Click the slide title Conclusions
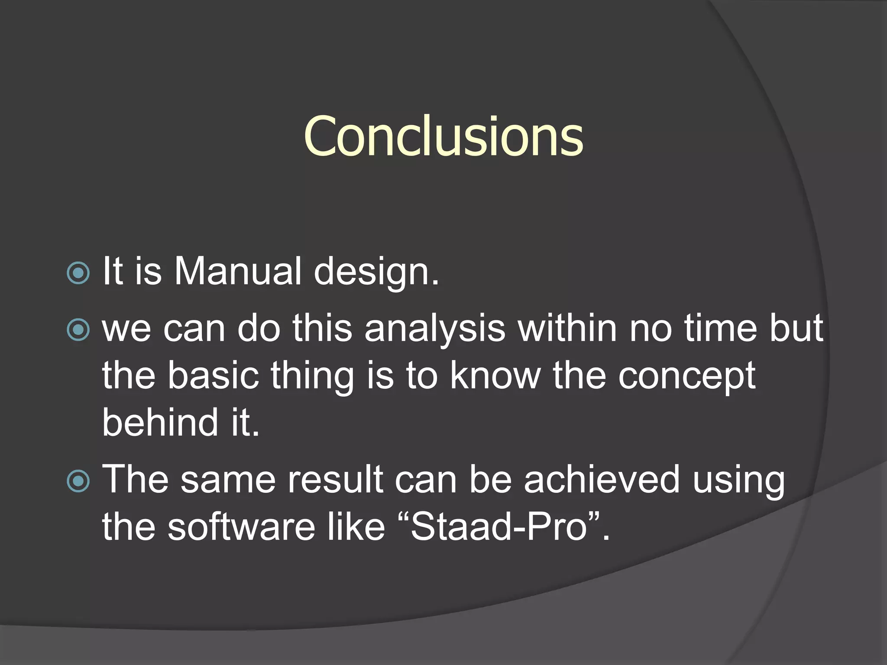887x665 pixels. pyautogui.click(x=443, y=136)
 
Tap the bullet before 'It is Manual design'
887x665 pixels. pyautogui.click(x=78, y=273)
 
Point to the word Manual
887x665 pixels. pyautogui.click(x=237, y=271)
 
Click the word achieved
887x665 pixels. pyautogui.click(x=602, y=479)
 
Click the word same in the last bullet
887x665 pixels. pyautogui.click(x=228, y=480)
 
